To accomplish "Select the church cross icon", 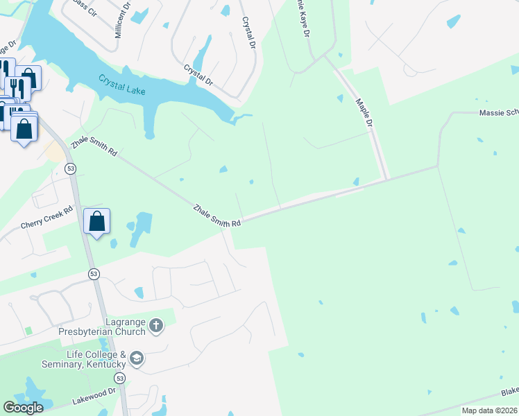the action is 157,324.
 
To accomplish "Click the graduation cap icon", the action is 137,358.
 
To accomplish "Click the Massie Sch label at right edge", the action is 498,112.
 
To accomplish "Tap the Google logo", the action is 24,408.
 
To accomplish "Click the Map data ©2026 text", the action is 489,410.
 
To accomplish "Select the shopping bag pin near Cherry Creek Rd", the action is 97,223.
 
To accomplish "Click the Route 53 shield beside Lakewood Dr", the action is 121,379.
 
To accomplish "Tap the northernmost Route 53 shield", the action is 70,168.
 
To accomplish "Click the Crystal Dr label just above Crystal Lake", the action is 199,74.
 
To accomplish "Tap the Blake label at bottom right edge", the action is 509,392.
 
